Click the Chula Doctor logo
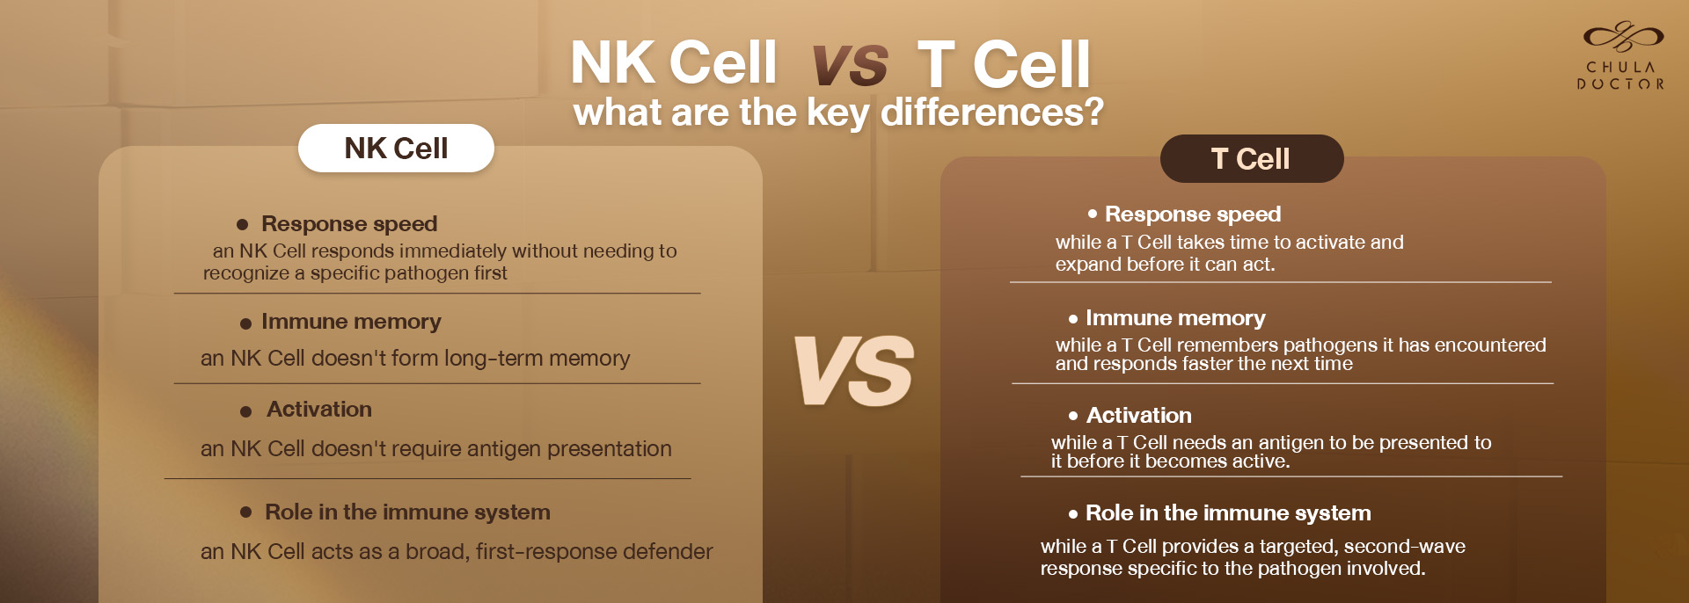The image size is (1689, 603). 1621,56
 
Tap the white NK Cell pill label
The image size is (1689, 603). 396,148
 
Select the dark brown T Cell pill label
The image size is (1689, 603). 1251,158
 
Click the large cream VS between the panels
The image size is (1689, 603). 854,371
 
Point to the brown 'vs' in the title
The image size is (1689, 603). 850,65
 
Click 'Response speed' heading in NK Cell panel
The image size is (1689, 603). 349,224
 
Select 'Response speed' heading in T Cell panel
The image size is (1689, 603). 1193,214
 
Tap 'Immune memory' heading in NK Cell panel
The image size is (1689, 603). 351,322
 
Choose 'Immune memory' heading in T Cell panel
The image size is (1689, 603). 1175,317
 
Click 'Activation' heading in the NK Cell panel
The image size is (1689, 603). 319,410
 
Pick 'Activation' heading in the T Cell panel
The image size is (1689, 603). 1139,415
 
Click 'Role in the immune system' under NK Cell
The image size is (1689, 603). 407,512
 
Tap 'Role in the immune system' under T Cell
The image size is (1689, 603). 1228,512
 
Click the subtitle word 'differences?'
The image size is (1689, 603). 991,113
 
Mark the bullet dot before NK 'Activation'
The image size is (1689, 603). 246,411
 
